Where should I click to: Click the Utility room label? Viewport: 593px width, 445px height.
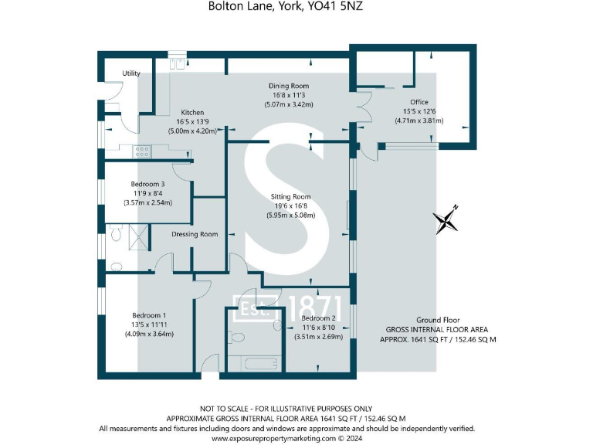pos(131,73)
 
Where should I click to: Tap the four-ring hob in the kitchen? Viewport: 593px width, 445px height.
pos(142,151)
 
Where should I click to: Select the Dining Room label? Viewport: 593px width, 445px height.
pos(289,86)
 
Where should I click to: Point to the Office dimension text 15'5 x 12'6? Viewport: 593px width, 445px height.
pos(419,111)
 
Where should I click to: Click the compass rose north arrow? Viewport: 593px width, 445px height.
pos(447,221)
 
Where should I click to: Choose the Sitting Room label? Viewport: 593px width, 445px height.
pos(290,197)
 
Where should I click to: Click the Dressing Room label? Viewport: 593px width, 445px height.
pos(194,234)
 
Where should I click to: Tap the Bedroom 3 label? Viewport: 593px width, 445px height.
pos(147,184)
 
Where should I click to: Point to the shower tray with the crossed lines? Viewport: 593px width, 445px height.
pos(137,235)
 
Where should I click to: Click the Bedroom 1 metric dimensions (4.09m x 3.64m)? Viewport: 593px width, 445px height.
pos(148,335)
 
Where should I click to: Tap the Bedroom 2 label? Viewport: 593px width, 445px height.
pos(318,318)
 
